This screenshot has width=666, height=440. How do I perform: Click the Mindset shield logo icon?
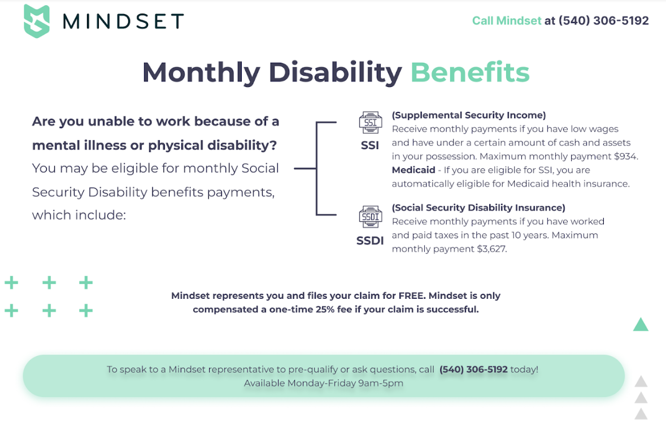(37, 21)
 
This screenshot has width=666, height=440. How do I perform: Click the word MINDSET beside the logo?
(123, 21)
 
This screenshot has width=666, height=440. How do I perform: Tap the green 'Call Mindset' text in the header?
(507, 21)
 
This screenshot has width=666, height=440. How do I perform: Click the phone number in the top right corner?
(603, 21)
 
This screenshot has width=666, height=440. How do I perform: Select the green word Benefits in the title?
(470, 72)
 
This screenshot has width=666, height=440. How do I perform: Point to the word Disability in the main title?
(335, 73)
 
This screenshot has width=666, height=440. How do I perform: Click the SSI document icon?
(371, 123)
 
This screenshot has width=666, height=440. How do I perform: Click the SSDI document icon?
(371, 217)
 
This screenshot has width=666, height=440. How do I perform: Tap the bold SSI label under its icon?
(370, 145)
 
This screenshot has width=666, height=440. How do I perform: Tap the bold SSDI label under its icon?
(370, 241)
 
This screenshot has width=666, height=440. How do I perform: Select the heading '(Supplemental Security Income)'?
(469, 115)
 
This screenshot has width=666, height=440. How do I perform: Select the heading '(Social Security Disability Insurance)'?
(478, 208)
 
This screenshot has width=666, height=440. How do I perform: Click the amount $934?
(626, 156)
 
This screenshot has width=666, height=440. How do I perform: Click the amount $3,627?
(492, 249)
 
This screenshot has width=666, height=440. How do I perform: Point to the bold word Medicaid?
(413, 170)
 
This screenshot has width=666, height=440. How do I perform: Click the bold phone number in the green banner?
(473, 369)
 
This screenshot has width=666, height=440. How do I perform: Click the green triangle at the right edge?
(641, 324)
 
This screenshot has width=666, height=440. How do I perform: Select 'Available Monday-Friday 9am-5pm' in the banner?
(324, 383)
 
